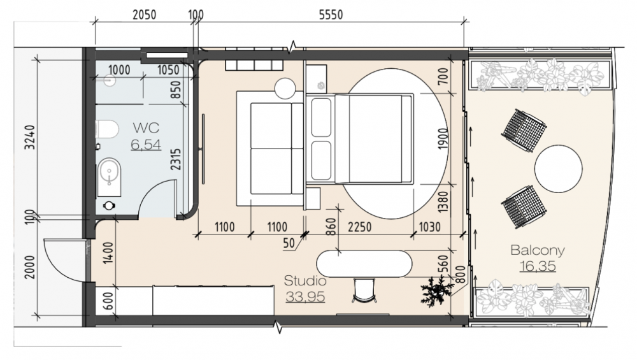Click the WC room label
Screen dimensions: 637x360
point(147,128)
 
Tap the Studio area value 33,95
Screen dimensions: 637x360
point(305,297)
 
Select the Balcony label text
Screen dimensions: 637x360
point(538,250)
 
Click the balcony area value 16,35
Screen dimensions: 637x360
point(538,266)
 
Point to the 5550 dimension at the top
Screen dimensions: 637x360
point(331,15)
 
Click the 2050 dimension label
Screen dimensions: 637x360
point(144,15)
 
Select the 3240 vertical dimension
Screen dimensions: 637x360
point(30,138)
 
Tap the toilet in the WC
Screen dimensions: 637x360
point(107,129)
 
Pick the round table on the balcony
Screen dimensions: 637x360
point(558,169)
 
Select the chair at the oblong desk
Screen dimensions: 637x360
point(364,290)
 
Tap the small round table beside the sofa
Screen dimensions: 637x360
point(285,88)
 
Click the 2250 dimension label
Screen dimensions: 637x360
point(359,227)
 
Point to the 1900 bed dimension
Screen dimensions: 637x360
point(443,138)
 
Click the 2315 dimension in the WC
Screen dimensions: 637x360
point(176,159)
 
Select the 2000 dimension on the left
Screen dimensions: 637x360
point(30,267)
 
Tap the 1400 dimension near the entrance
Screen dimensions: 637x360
point(108,253)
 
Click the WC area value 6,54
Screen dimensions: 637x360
point(146,145)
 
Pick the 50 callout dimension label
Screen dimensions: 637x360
point(289,243)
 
